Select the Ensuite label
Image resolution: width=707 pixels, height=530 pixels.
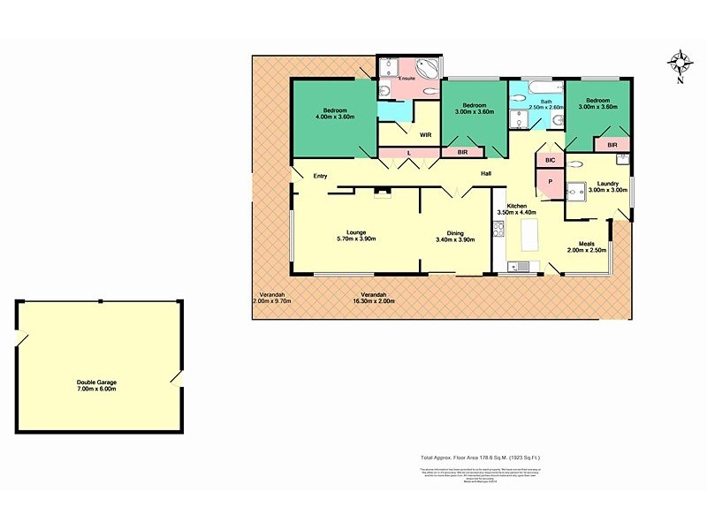(407, 79)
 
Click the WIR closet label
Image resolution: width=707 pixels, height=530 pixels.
(425, 135)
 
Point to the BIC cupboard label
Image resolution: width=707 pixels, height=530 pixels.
(549, 160)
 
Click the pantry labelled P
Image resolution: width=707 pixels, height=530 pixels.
(550, 181)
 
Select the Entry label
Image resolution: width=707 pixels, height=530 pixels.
(320, 176)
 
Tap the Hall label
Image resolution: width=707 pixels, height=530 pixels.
(486, 173)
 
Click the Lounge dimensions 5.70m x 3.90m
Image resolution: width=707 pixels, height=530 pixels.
(356, 239)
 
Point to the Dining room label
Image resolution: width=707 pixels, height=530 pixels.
(455, 232)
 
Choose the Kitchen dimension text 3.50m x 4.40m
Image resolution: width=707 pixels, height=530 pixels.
(517, 212)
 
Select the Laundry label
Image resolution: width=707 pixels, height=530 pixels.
(607, 183)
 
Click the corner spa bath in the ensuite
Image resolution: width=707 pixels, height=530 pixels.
(427, 67)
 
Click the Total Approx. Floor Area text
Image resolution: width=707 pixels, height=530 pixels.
(480, 457)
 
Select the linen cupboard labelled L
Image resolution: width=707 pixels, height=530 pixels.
(409, 153)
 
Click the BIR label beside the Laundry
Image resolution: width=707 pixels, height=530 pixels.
(612, 144)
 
